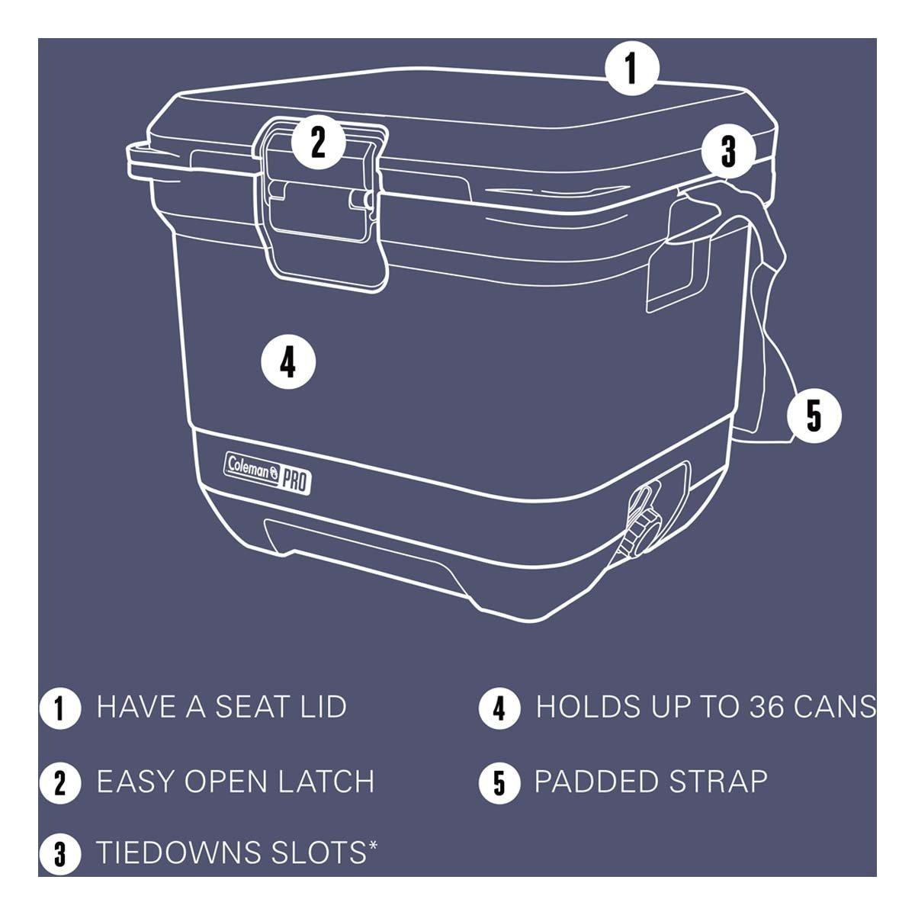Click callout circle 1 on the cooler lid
631,69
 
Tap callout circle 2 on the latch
318,142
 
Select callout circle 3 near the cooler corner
728,152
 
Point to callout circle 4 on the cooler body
288,362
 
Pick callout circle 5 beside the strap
814,416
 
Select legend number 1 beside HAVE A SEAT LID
59,708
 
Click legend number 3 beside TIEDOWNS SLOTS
59,853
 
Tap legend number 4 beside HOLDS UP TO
499,708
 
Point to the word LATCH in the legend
326,781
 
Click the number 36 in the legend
766,707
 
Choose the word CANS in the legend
835,707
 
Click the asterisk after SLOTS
373,845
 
